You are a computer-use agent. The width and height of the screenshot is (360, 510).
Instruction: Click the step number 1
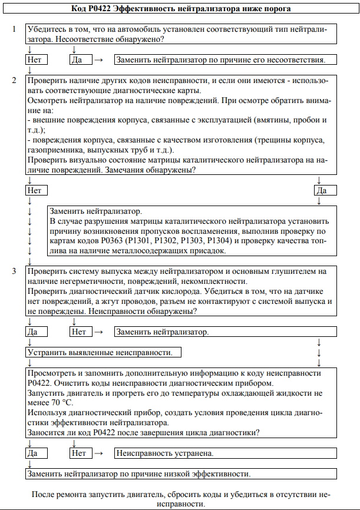14,29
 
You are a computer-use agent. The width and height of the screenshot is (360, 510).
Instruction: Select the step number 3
14,271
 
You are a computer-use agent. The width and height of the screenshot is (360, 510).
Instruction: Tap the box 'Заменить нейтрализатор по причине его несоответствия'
226,59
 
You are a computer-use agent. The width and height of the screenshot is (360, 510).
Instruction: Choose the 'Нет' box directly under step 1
37,59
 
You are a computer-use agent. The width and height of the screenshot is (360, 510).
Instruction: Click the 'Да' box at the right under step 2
326,190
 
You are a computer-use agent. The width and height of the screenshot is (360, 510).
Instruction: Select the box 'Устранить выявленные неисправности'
104,353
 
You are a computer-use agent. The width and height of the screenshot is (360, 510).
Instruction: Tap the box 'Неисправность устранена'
226,453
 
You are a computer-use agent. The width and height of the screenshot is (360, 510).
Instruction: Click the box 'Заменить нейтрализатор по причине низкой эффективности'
181,473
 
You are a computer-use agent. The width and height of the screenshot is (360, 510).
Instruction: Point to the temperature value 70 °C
61,402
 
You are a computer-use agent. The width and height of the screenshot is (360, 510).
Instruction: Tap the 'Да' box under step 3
37,332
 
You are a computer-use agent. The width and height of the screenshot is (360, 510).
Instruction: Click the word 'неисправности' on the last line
180,505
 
